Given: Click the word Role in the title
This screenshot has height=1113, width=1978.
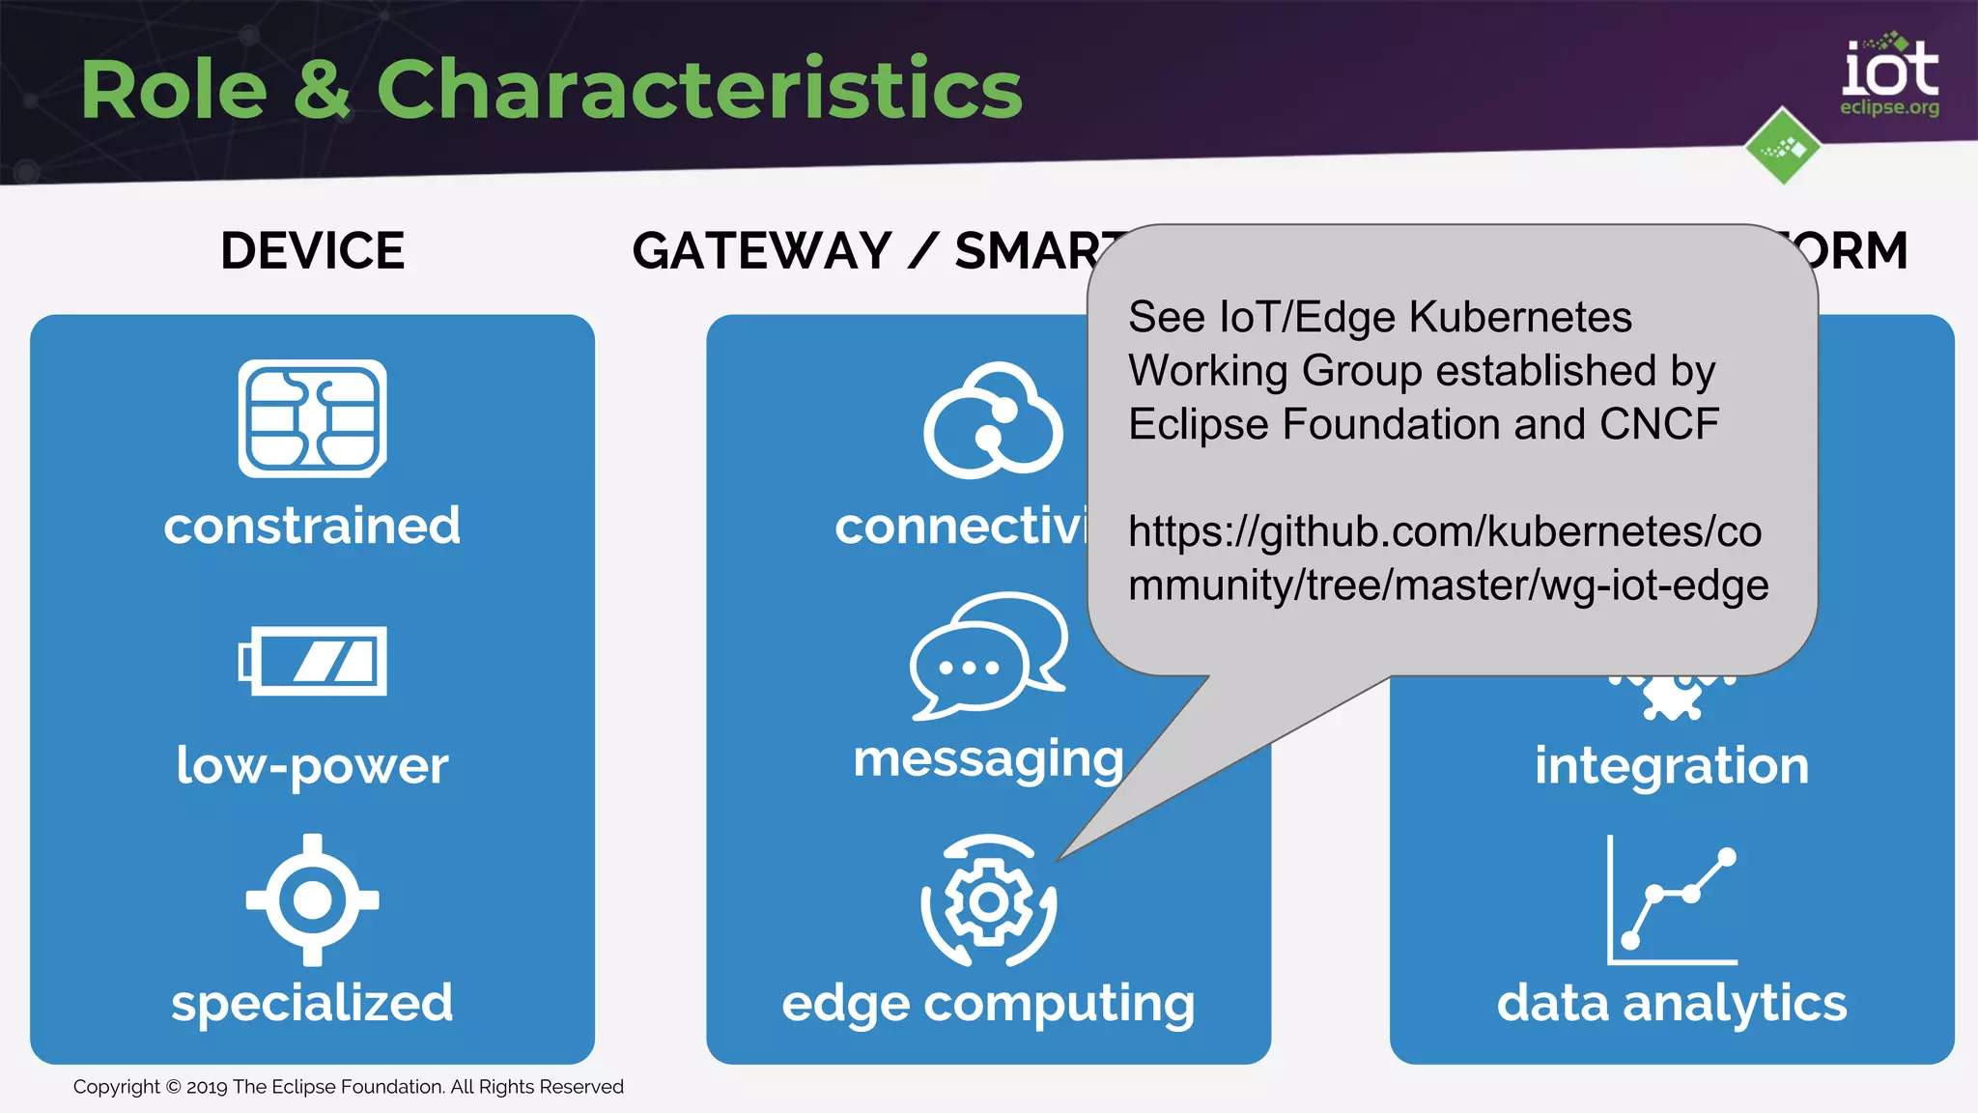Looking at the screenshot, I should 174,89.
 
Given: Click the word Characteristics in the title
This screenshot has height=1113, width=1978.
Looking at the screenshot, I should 699,89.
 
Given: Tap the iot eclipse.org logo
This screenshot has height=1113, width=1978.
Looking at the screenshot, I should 1889,75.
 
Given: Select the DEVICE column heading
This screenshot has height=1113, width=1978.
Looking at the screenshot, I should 312,251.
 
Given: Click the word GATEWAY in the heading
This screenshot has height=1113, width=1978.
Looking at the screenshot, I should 762,251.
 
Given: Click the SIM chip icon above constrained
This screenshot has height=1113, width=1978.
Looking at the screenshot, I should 312,418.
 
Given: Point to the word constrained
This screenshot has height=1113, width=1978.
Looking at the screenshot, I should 312,526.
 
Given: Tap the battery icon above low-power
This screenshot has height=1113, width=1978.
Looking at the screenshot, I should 312,661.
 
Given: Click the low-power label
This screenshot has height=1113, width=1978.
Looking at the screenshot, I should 312,765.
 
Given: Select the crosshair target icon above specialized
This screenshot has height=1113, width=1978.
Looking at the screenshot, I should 312,899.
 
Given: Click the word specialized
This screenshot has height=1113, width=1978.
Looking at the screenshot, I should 312,1002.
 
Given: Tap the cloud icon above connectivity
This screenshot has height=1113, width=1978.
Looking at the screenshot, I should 993,421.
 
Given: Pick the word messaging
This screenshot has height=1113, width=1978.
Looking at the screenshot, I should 988,758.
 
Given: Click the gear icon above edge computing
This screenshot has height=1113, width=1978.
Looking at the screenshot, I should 988,901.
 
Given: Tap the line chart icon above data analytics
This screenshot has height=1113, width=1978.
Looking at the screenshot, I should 1672,900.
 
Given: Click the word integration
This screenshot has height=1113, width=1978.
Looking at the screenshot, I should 1672,765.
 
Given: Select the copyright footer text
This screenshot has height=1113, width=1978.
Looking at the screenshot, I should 348,1087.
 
